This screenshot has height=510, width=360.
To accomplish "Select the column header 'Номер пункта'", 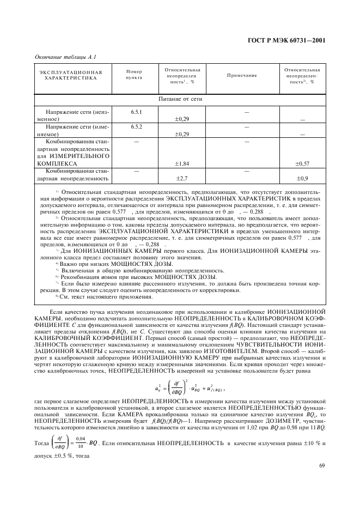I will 133,75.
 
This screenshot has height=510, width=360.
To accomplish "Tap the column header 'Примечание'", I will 241,75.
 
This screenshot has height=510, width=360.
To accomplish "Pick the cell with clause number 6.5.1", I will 136,112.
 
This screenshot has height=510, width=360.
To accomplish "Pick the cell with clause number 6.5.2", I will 136,126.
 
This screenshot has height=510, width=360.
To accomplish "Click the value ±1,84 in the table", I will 182,163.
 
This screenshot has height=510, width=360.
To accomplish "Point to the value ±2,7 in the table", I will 182,178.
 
